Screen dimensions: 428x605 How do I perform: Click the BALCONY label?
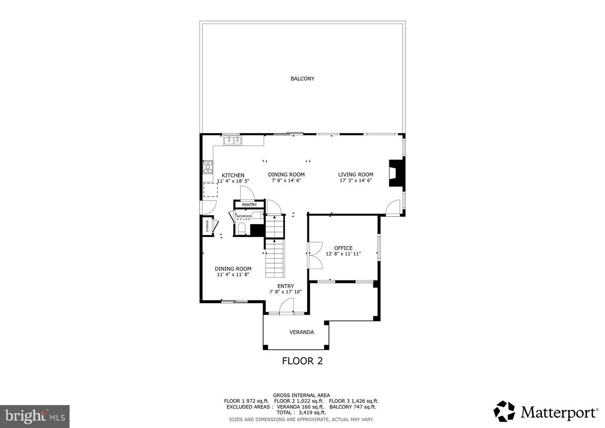pos(302,79)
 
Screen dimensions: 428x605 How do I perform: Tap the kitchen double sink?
pos(232,140)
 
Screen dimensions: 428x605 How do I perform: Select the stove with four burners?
pos(208,167)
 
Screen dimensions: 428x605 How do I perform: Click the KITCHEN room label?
pos(233,175)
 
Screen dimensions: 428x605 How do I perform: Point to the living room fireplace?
pos(396,172)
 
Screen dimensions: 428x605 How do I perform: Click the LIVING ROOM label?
pos(355,174)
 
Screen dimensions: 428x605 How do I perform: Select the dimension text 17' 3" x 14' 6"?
pos(355,180)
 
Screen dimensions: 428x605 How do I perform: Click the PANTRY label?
pos(249,205)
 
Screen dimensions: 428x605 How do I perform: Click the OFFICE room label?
pos(343,248)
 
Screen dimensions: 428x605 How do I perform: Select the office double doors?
pos(315,255)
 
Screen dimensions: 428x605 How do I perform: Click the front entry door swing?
pos(287,306)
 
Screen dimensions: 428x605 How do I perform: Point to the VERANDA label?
pos(301,332)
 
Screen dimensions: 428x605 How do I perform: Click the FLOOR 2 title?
pos(302,361)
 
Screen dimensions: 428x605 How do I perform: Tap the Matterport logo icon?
pos(504,411)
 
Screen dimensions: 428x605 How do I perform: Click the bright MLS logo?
pos(34,416)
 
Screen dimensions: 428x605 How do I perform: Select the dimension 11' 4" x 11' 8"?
pos(233,275)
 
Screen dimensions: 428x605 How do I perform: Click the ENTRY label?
pos(285,286)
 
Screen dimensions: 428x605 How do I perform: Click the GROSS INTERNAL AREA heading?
pos(301,395)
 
